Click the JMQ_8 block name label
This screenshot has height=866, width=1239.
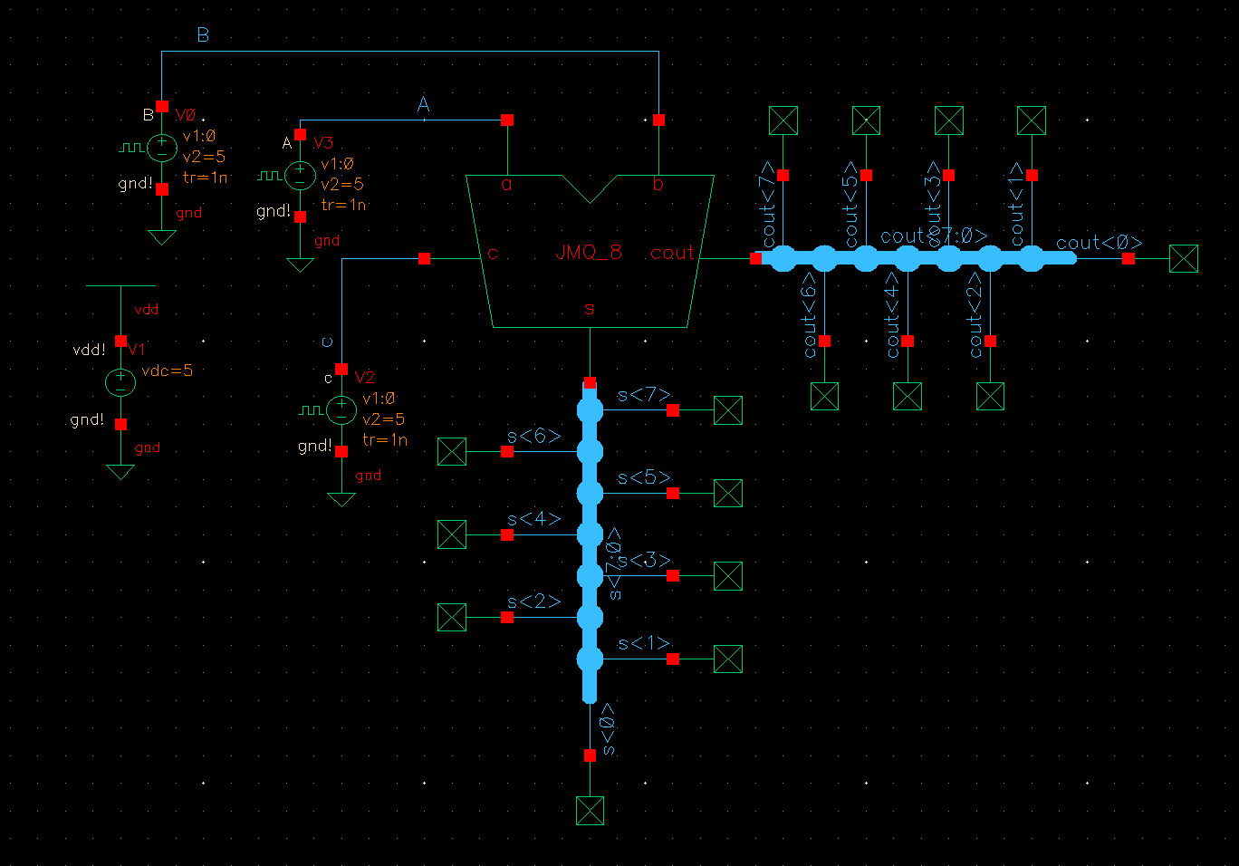[x=589, y=252]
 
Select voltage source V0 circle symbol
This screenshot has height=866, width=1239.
[x=162, y=147]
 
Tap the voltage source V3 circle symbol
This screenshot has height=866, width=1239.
[x=300, y=175]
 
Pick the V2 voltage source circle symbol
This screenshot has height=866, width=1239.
[x=341, y=410]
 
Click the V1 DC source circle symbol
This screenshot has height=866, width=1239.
[x=120, y=382]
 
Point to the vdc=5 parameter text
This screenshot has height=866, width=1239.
[x=168, y=370]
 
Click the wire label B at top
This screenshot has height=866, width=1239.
[x=203, y=35]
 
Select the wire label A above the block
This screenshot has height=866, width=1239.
[x=423, y=105]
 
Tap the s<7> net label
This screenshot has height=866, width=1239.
[x=644, y=395]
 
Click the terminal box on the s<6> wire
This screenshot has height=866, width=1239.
[x=452, y=451]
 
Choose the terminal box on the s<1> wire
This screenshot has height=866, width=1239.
[x=728, y=659]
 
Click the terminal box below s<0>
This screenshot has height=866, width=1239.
[x=590, y=811]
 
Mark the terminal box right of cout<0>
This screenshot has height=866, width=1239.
[x=1184, y=259]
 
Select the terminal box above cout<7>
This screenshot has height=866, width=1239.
[x=783, y=120]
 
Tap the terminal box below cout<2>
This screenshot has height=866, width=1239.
[x=990, y=396]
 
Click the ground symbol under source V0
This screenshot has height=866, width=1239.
[x=162, y=237]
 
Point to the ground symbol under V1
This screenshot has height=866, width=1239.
[x=120, y=472]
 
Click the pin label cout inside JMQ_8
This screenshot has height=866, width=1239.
[x=672, y=253]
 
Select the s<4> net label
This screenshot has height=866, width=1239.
[x=533, y=519]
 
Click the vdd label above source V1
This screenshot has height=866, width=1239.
[x=146, y=310]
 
